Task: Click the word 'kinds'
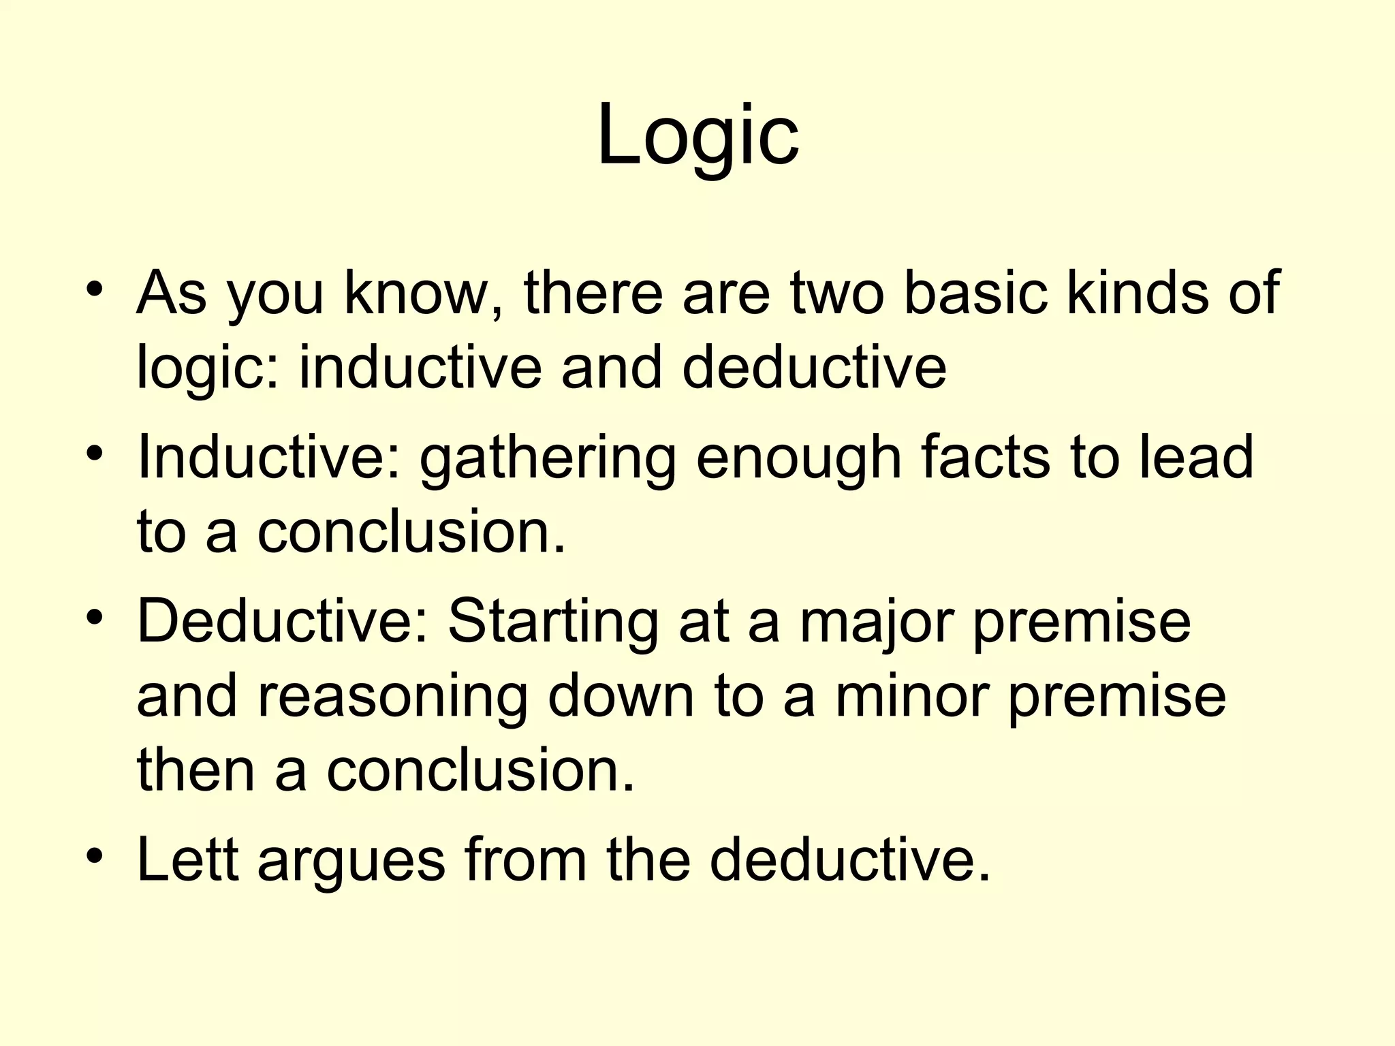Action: (1144, 293)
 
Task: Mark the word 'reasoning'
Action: (392, 699)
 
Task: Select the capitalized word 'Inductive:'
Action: (268, 458)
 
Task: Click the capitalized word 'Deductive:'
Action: (283, 621)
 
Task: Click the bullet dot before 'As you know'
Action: (95, 289)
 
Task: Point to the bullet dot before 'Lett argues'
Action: (95, 855)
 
